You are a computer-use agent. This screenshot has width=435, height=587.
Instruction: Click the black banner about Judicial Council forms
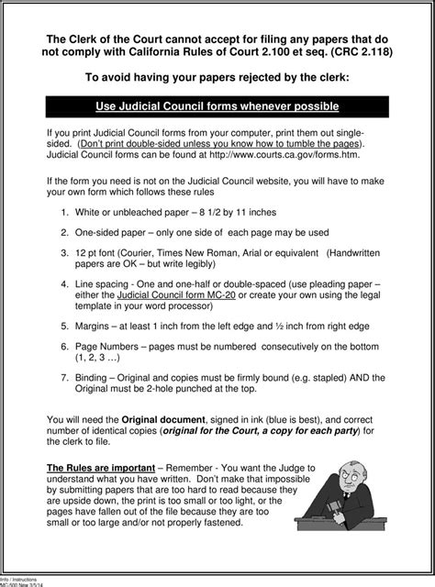tap(217, 107)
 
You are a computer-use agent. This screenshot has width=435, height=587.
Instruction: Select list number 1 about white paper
tap(64, 211)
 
